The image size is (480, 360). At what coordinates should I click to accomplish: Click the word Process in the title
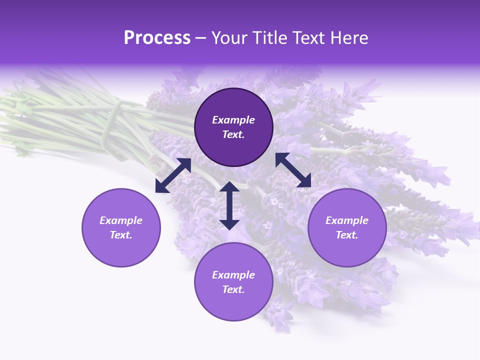point(157,38)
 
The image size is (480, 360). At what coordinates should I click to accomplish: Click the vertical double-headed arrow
point(229,205)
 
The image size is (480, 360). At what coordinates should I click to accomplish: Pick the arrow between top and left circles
point(173,175)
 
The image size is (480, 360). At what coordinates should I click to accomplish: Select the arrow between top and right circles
point(293,170)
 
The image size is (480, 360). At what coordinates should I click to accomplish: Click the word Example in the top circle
point(233,120)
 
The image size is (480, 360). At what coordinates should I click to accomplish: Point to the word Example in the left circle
point(121,220)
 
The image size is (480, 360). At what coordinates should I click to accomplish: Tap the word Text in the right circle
point(347,235)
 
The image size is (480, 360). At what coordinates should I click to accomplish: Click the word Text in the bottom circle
point(233,289)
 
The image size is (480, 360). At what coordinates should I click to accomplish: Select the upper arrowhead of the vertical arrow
point(229,186)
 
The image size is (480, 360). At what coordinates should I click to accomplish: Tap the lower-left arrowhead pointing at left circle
point(161,186)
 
